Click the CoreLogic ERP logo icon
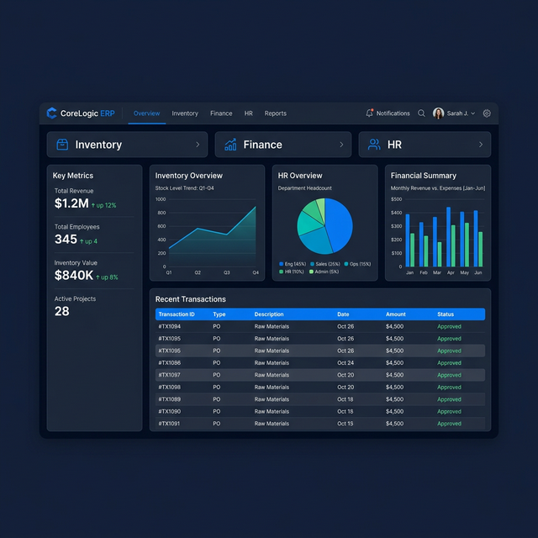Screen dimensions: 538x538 (52, 113)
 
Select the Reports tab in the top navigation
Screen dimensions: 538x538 (275, 113)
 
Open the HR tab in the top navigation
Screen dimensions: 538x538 (249, 113)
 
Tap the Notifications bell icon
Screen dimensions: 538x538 (369, 113)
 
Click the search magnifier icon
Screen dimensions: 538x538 (421, 113)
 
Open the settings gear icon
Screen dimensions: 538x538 (487, 113)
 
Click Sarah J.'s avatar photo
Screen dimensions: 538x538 (438, 113)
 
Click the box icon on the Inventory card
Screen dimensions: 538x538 (61, 145)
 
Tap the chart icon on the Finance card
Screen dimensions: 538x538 (229, 145)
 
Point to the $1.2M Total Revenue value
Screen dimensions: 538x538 (71, 203)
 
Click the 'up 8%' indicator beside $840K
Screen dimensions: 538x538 (107, 277)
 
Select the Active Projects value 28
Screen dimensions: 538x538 (62, 311)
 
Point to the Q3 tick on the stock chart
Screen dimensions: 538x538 (226, 272)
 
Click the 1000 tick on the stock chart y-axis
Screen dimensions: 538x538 (160, 200)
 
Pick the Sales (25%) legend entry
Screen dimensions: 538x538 (326, 264)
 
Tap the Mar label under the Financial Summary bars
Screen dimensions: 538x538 (436, 272)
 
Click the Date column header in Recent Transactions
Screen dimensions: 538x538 (343, 314)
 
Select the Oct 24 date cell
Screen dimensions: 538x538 (345, 363)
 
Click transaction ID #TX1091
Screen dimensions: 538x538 (169, 424)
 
